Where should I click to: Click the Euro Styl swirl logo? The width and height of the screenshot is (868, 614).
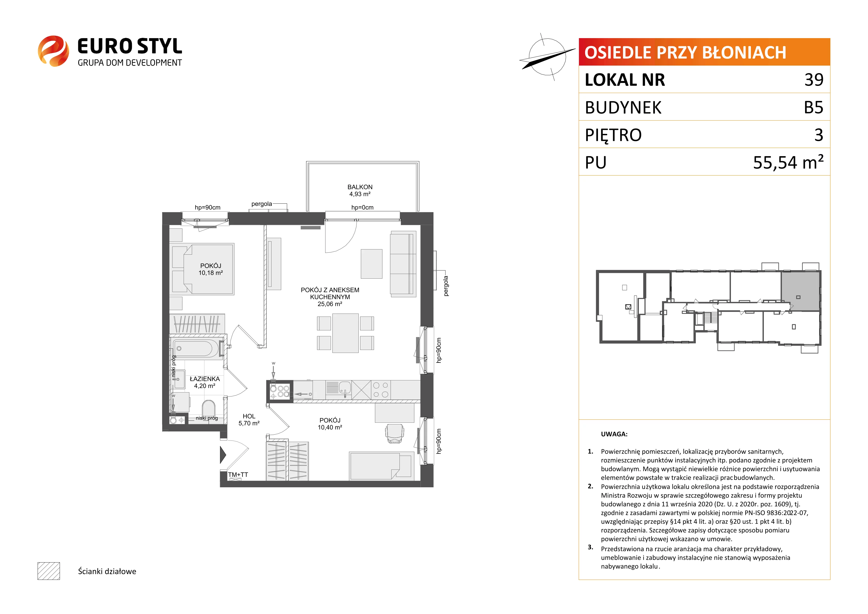tap(53, 51)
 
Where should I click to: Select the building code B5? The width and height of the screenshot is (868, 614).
tap(814, 107)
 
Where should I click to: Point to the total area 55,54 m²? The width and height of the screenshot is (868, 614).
tap(788, 162)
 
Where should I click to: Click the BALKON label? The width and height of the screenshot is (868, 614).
tap(360, 187)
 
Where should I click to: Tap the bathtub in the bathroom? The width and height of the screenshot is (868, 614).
tap(196, 348)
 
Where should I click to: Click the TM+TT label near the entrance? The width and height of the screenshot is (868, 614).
tap(238, 474)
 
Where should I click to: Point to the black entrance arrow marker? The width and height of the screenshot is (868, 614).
tap(223, 455)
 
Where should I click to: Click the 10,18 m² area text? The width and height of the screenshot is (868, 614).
tap(211, 272)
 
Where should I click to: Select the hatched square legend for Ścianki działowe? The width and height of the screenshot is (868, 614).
tap(49, 571)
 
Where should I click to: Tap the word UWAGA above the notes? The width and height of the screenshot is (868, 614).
tap(614, 434)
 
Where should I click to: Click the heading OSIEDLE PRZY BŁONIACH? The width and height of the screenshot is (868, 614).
tap(685, 52)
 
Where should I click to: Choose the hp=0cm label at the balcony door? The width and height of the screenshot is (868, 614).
tap(362, 207)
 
